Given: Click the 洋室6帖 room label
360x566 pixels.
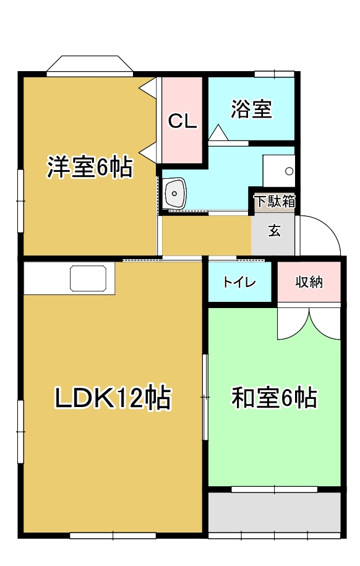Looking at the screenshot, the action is coord(90,167).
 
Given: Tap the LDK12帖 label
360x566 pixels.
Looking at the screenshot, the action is coord(113,398).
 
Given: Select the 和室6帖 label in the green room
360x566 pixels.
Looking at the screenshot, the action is coord(275,398).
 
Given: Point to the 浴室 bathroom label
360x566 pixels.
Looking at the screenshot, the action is coord(251,109).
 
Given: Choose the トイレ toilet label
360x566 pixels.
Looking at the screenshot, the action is coord(239,282).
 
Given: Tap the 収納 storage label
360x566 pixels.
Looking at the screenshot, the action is coord(309,282).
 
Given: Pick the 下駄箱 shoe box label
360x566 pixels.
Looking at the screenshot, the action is coord(275,201).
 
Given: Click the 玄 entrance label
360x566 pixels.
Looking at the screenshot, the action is coord(275,230).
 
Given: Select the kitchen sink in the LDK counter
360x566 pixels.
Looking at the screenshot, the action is coord(88,278).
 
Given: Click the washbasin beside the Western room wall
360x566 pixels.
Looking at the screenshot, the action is coord(175,193).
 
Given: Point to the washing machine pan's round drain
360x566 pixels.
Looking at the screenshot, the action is coord(289,171).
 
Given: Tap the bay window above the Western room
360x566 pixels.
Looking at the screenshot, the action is coord(90,66).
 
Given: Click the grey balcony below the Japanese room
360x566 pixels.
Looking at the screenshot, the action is coord(275,512).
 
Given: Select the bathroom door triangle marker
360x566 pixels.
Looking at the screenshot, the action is coord(218,132).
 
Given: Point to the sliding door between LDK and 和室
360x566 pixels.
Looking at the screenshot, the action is coord(205,397).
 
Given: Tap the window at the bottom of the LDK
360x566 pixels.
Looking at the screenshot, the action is coord(113,536).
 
